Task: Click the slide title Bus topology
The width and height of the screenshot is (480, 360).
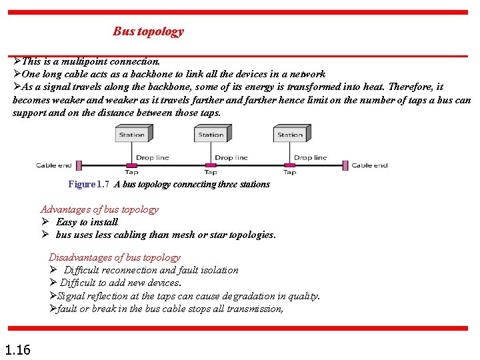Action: point(148,31)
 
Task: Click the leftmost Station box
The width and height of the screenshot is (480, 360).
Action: point(131,135)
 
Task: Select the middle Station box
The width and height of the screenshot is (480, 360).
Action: point(211,135)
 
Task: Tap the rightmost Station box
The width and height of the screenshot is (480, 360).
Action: point(290,135)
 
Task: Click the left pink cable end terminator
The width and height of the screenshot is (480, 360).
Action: point(78,165)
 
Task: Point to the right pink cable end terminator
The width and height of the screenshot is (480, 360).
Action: point(345,165)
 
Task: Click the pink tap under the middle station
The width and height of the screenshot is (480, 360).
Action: point(211,165)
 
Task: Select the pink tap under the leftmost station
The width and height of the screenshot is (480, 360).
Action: point(131,165)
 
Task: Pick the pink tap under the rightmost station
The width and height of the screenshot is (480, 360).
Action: point(290,165)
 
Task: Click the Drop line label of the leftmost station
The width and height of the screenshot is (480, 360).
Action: point(153,158)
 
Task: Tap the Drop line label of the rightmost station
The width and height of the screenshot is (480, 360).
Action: point(311,158)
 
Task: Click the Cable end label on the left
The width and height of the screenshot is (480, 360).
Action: point(54,165)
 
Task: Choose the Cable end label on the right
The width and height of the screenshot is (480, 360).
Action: point(369,165)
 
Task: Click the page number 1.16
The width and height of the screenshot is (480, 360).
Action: point(17,349)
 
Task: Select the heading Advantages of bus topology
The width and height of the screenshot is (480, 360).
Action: point(99,209)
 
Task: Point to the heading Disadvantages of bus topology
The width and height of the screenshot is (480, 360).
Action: point(115,257)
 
